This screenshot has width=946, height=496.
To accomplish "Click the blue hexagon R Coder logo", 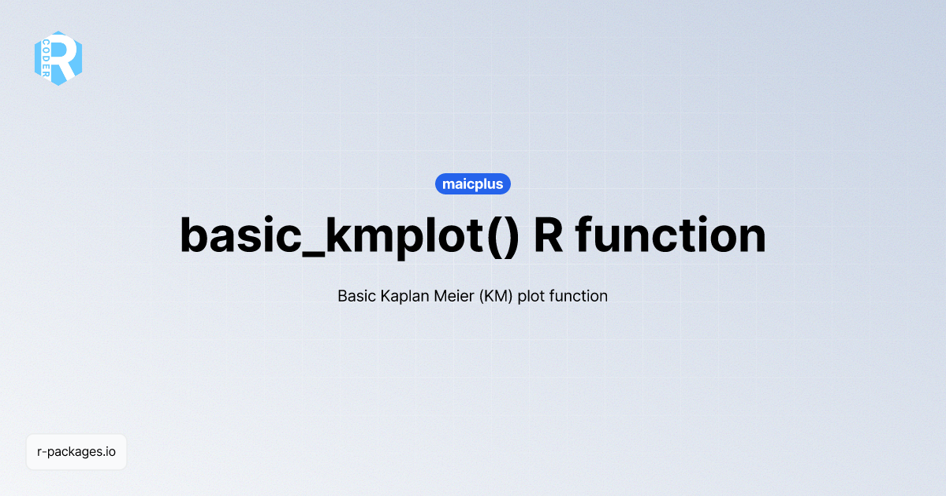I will [x=58, y=58].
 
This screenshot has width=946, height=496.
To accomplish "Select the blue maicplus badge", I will [x=473, y=184].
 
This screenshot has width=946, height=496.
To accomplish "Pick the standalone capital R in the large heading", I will [x=549, y=234].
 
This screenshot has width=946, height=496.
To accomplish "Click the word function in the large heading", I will [x=671, y=234].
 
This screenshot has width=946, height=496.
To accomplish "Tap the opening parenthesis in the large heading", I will [x=490, y=235].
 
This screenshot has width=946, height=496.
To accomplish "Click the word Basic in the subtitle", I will [x=356, y=297].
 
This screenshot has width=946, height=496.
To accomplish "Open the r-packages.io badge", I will [x=76, y=453].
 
